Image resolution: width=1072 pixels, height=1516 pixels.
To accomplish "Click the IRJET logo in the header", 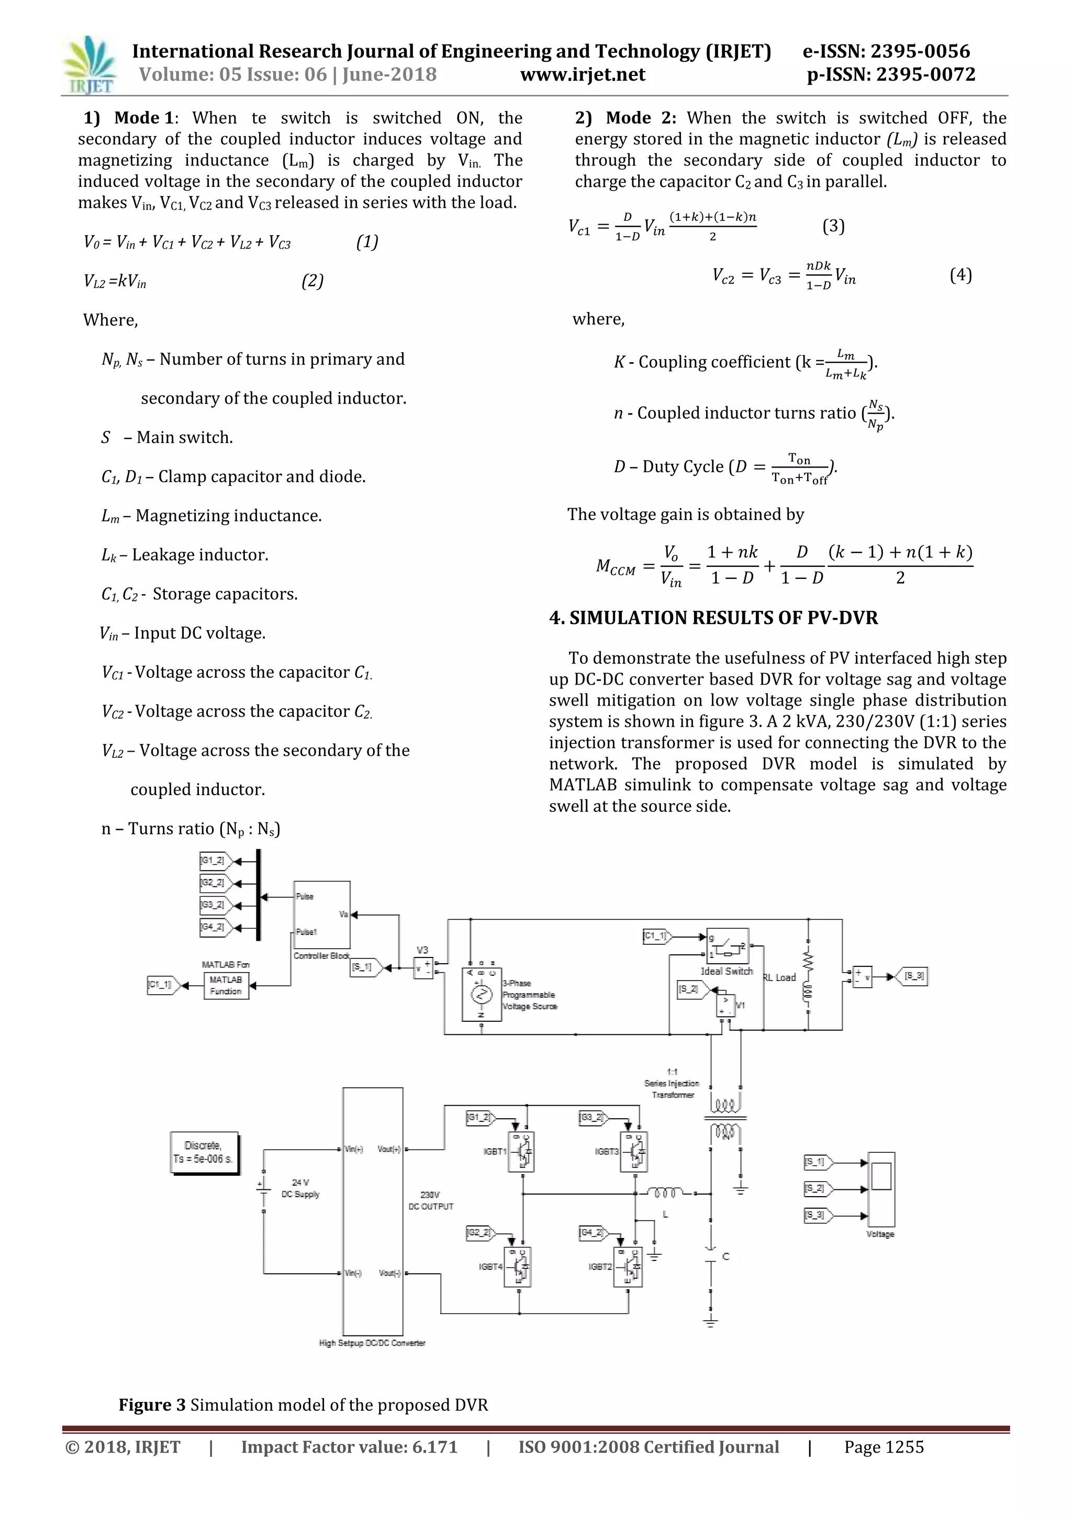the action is click(x=89, y=65).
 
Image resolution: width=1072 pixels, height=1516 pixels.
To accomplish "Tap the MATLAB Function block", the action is click(x=226, y=986).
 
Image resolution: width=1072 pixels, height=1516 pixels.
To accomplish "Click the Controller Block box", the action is click(x=321, y=915).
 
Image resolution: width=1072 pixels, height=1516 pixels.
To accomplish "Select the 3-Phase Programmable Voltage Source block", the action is click(x=481, y=995).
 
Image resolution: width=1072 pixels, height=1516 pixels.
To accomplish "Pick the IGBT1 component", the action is click(x=521, y=1152).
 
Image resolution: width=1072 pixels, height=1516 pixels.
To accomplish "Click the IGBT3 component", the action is click(x=634, y=1152).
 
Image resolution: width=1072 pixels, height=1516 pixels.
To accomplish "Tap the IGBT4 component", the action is click(x=518, y=1267).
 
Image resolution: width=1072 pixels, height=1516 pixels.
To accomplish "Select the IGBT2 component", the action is click(x=628, y=1267).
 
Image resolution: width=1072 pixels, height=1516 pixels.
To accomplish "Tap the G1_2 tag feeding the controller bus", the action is click(x=213, y=861).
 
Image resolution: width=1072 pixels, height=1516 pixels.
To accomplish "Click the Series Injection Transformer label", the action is click(x=672, y=1084).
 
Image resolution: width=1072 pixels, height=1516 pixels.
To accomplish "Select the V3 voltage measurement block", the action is click(x=422, y=968).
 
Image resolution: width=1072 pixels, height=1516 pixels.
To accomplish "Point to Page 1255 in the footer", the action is click(x=884, y=1447).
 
